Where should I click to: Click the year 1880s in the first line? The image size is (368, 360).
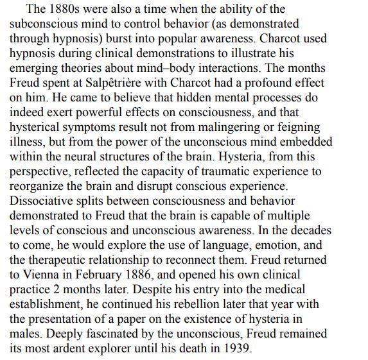pos(67,10)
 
